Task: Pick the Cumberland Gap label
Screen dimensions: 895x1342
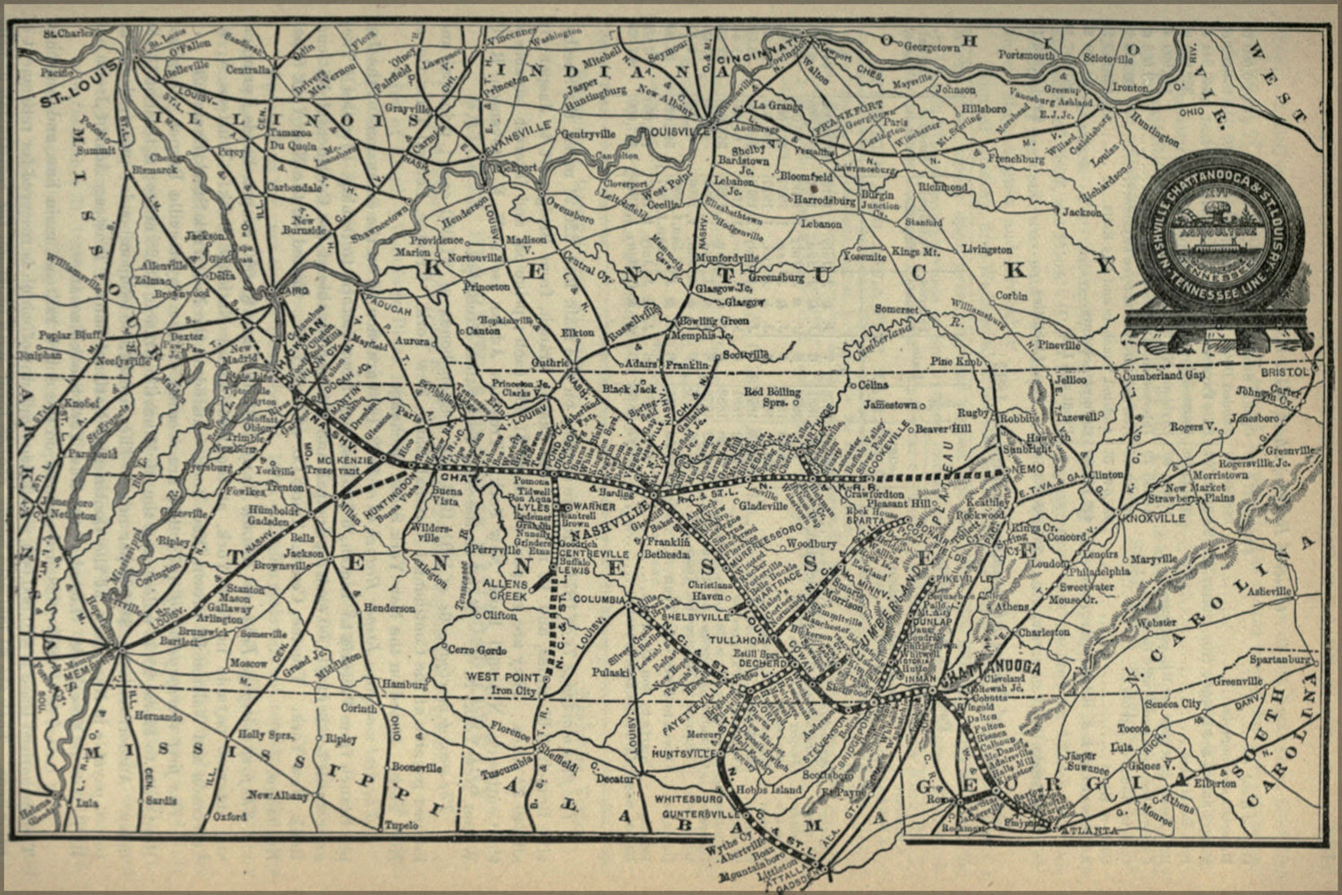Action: tap(1161, 376)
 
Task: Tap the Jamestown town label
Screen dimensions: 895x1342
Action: tap(890, 405)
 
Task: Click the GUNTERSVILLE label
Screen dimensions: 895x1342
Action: tap(693, 815)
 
